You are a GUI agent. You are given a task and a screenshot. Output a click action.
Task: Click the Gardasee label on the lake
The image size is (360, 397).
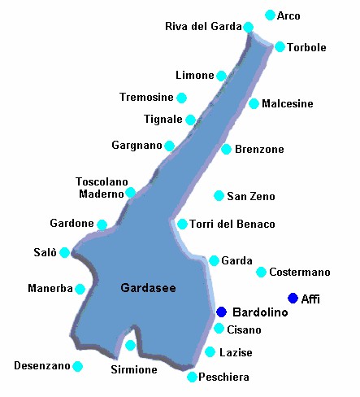148,288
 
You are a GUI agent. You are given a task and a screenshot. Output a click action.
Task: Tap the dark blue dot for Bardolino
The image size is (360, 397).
221,312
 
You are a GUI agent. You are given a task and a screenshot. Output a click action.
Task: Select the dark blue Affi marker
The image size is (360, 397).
293,299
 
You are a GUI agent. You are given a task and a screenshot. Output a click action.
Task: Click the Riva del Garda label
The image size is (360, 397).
203,26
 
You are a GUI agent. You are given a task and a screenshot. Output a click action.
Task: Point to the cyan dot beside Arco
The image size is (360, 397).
271,15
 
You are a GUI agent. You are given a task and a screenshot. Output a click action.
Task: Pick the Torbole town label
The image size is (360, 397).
306,48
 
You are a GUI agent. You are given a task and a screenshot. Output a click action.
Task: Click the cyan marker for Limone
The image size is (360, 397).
221,76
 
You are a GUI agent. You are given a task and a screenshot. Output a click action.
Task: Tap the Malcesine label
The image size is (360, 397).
287,104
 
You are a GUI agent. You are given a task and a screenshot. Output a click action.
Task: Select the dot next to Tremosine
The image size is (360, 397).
181,98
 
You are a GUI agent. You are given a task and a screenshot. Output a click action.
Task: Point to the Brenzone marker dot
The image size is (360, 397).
226,149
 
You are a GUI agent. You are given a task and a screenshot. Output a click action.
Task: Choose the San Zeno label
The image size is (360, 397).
250,196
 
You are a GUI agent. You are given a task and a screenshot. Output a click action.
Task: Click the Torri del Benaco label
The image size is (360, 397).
232,224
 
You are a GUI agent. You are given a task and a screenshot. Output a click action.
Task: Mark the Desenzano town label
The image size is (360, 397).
41,366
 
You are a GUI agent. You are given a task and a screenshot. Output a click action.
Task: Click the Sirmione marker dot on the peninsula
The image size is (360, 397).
130,346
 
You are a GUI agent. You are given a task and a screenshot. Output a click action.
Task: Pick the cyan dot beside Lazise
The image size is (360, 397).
210,352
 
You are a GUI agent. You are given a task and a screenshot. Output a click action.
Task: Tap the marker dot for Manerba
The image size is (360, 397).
80,289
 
